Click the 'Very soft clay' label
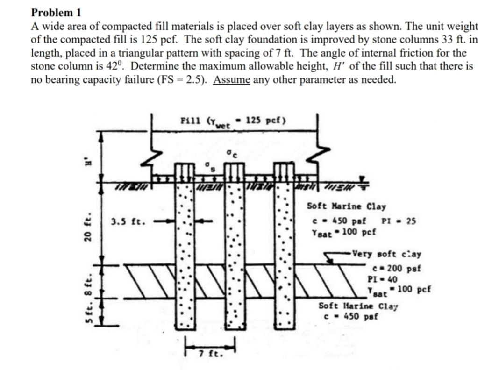click(x=387, y=255)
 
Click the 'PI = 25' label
click(x=398, y=221)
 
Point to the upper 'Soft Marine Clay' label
click(x=346, y=206)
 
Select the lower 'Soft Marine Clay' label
click(x=358, y=306)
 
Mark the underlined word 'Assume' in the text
click(x=232, y=79)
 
